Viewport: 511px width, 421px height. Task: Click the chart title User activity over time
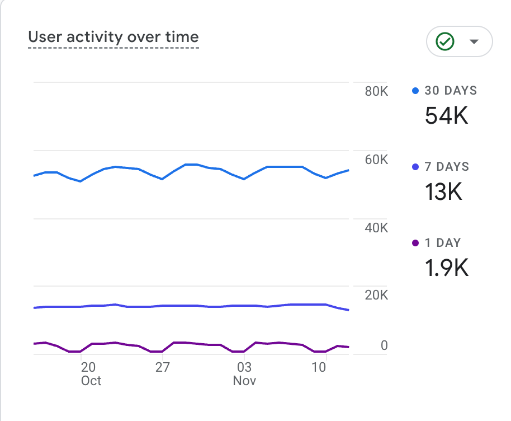113,38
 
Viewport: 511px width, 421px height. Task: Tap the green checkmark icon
445,41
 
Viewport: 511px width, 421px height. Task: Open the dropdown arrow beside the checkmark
474,42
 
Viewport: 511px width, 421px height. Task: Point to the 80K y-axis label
376,91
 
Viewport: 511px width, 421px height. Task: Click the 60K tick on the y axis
376,160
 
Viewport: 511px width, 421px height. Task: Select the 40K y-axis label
376,228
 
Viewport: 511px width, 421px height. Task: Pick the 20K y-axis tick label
376,296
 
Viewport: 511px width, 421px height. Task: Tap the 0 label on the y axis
384,346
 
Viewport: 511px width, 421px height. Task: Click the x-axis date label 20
88,368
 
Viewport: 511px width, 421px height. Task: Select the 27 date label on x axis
162,368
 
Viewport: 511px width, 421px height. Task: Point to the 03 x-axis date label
244,368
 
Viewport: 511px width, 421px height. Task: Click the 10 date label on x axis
319,368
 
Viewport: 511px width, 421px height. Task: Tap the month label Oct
91,381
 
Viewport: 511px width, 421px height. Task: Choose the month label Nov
244,381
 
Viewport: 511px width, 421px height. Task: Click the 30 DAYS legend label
451,91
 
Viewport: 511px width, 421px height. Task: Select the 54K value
446,116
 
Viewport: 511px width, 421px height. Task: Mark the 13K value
443,192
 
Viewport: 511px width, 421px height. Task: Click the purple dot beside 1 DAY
415,243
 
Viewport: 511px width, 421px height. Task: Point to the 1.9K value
446,268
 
